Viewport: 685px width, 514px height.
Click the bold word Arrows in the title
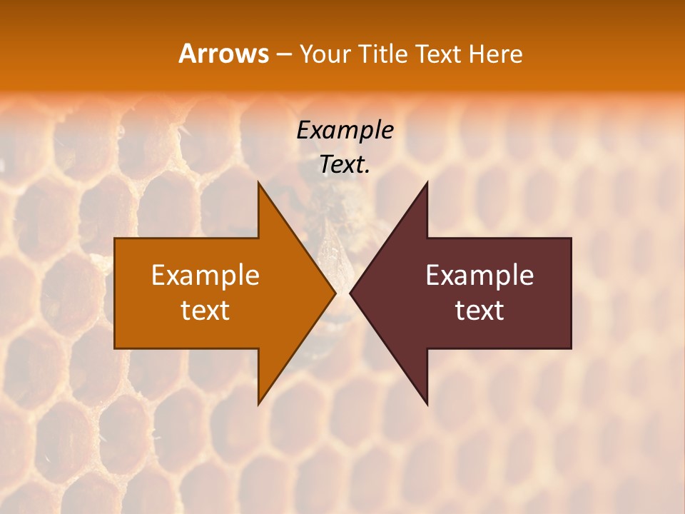(223, 54)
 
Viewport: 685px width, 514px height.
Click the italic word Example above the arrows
(345, 130)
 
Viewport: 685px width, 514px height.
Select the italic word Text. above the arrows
(345, 164)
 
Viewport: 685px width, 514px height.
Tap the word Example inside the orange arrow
(205, 275)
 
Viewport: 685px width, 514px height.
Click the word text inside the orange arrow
(205, 310)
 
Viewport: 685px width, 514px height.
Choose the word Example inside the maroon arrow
(479, 275)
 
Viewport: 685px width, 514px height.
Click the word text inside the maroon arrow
(479, 310)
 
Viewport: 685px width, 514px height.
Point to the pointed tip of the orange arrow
(335, 293)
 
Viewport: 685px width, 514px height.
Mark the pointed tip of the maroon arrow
(351, 293)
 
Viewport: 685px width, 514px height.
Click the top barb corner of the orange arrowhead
(258, 183)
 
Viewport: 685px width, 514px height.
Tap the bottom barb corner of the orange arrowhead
(258, 403)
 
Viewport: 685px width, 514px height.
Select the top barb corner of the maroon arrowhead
(427, 183)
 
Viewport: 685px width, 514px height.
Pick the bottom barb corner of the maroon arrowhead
(427, 403)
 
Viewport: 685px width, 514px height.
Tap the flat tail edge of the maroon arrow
(571, 293)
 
